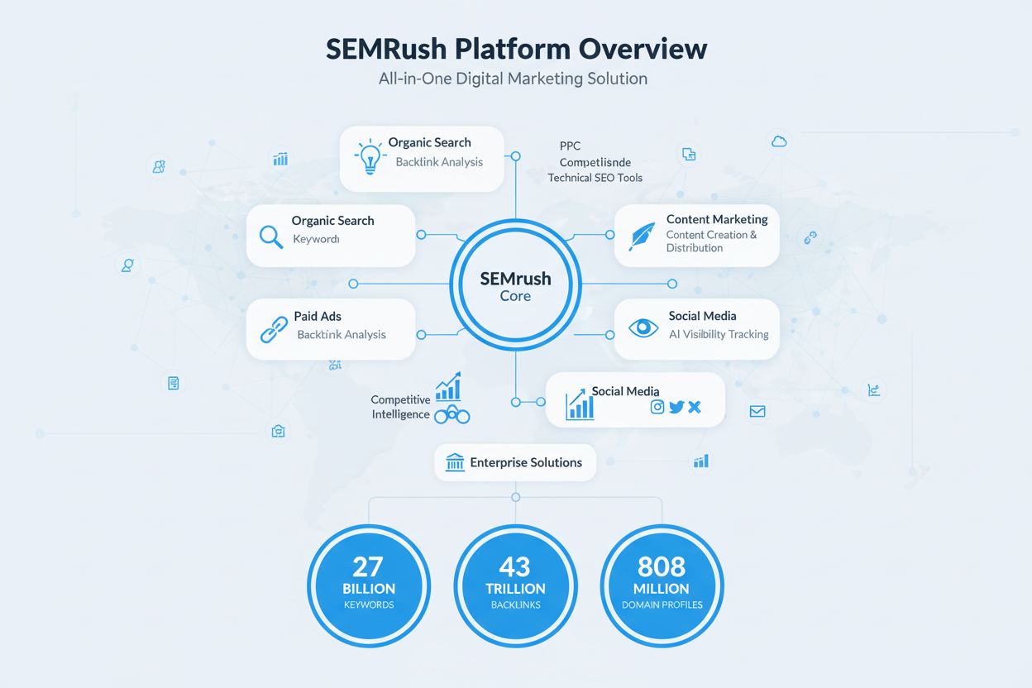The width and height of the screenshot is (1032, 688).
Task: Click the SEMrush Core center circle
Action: (x=515, y=286)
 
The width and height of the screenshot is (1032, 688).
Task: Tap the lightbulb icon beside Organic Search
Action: (x=369, y=155)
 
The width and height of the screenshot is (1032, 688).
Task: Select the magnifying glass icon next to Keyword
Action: (x=271, y=236)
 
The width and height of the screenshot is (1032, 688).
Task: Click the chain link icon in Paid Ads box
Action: (x=273, y=329)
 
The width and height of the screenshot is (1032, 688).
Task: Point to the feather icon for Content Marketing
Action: (x=642, y=236)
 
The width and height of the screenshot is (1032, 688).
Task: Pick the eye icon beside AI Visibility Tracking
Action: (x=643, y=328)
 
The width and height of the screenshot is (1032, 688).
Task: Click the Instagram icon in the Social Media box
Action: (x=657, y=407)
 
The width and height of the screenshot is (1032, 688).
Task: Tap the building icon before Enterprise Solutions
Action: (x=455, y=462)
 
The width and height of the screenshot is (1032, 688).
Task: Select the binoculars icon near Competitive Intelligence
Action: (x=451, y=415)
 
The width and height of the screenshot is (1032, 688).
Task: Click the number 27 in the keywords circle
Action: (x=368, y=566)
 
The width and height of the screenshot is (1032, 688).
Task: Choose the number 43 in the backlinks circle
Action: (x=515, y=566)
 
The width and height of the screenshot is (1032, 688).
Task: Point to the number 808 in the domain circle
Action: (x=662, y=566)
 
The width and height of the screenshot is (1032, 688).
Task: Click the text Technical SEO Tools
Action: (x=595, y=178)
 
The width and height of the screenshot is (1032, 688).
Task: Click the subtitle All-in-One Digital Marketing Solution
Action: (x=513, y=79)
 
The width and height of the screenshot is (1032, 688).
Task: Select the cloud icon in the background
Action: (x=778, y=141)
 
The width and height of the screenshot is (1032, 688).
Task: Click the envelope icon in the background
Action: (x=757, y=411)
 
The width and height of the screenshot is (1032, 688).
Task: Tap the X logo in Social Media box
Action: (x=695, y=407)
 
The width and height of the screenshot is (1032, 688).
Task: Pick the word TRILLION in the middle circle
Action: (x=515, y=589)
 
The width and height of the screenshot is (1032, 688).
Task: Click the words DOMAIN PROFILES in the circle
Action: (x=662, y=604)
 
